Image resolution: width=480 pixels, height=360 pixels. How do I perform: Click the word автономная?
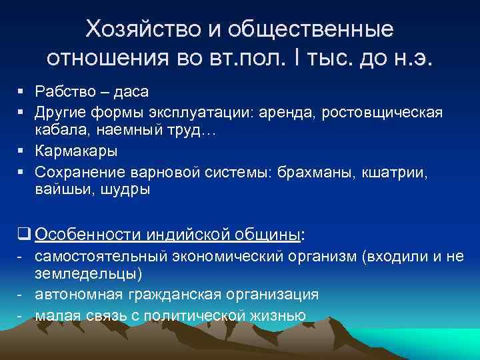73,294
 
